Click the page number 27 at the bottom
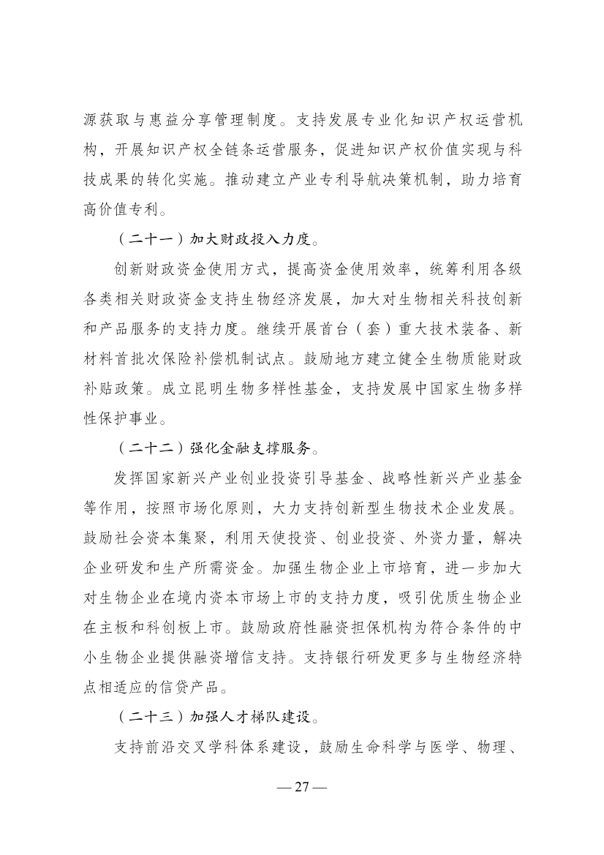(301, 787)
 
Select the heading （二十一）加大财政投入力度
(217, 239)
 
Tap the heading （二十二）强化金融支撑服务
(217, 445)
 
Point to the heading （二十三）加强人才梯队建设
(217, 718)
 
